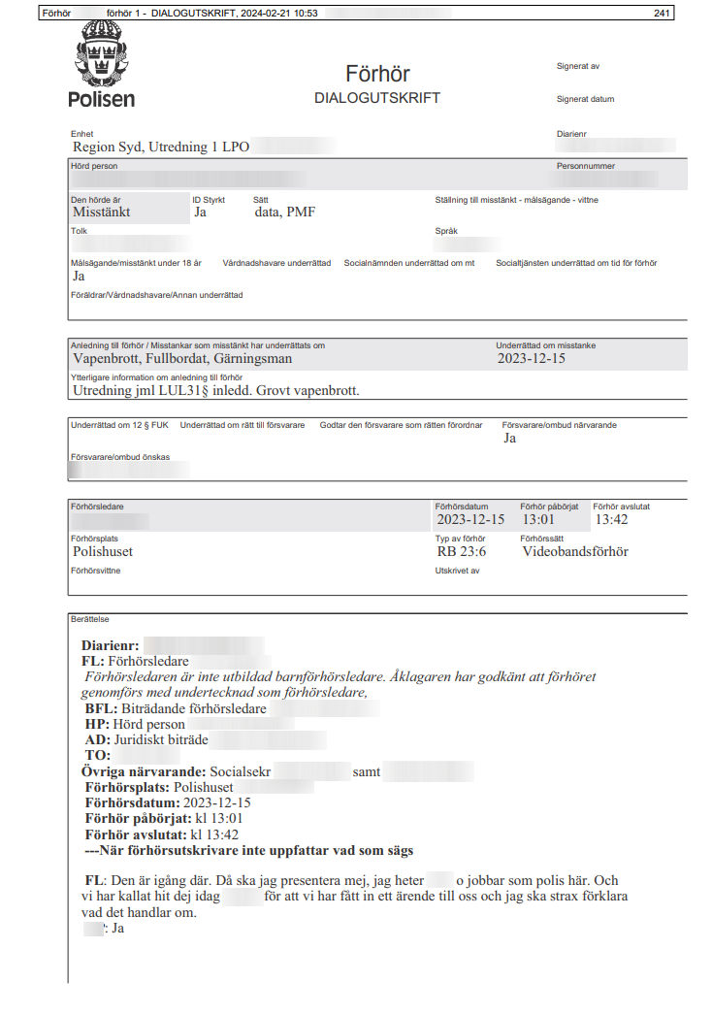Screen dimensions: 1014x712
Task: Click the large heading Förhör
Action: coord(377,74)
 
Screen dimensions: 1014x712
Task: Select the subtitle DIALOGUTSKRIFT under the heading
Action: coord(377,98)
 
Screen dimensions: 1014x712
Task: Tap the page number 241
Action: coord(663,14)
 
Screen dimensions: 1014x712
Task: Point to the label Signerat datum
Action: coord(585,99)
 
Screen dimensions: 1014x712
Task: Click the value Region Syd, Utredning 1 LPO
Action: coord(161,147)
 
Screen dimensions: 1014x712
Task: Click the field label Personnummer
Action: coord(586,166)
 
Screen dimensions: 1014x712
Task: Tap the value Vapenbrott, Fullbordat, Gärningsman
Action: coord(182,358)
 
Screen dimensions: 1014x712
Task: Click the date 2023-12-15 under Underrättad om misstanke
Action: coord(531,358)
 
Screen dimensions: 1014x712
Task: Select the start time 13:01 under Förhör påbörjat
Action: coord(539,519)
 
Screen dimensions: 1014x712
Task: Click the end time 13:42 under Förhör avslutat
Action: coord(612,519)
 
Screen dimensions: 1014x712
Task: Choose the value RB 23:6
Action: coord(461,551)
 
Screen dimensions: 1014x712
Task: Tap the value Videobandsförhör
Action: coord(575,551)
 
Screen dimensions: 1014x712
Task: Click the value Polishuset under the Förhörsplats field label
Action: coord(103,551)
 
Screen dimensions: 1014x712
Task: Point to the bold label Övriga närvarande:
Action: coord(144,771)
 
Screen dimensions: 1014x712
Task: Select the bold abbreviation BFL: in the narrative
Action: coord(99,709)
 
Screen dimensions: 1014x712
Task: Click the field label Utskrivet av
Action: coord(458,571)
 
